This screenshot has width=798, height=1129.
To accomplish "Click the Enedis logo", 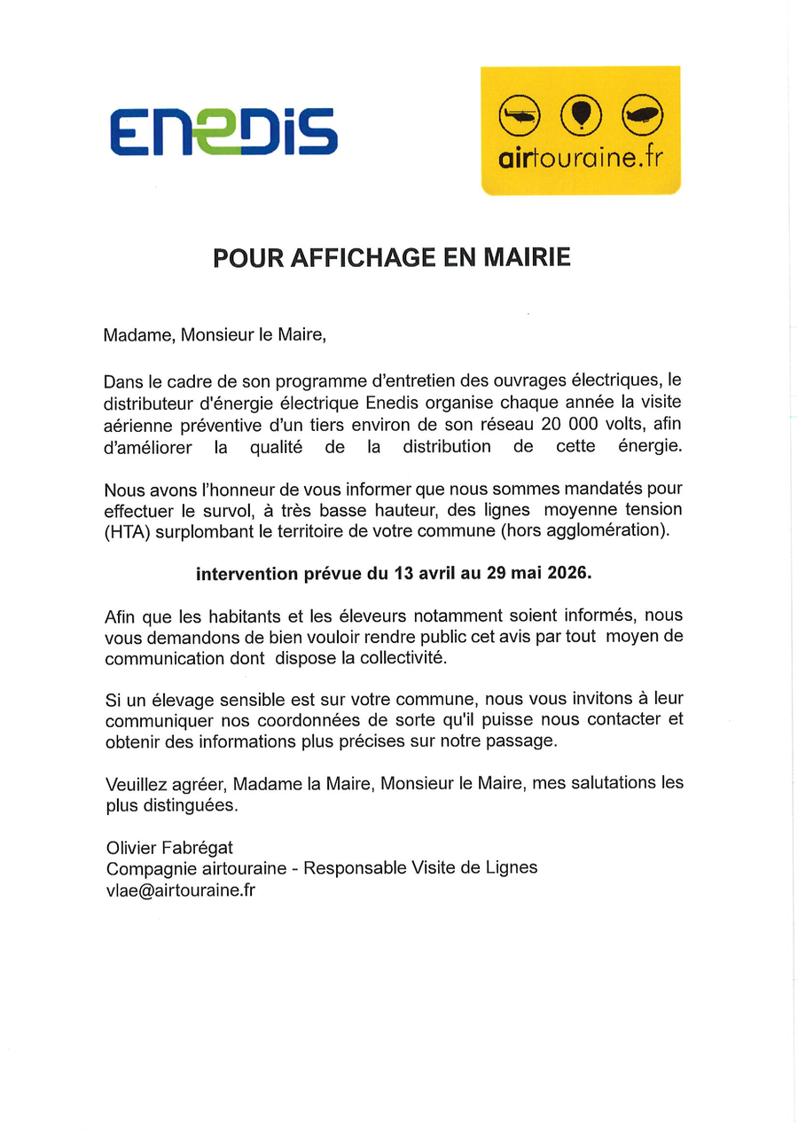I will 223,131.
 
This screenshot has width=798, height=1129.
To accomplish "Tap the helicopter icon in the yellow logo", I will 520,115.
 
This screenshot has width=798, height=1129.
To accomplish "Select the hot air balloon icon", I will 581,115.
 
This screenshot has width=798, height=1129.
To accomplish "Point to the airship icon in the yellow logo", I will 643,115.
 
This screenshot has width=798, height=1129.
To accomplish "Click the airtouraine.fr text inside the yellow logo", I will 581,159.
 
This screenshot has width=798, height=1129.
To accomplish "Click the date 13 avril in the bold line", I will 428,574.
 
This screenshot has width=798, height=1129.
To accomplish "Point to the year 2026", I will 567,574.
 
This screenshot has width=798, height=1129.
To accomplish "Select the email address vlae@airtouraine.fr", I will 180,890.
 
